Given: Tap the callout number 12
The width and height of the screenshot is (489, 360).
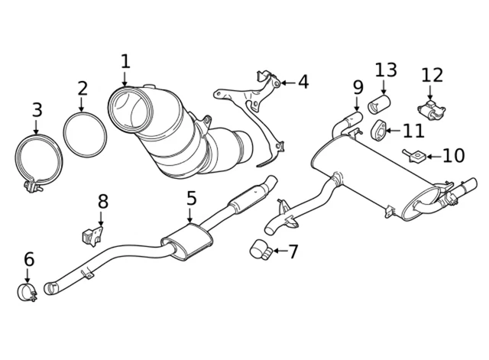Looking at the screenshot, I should [432, 75].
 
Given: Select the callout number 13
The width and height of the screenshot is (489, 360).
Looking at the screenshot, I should [386, 70].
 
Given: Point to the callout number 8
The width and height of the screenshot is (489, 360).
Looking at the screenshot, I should [103, 201].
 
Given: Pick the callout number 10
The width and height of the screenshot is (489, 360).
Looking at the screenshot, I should [453, 156].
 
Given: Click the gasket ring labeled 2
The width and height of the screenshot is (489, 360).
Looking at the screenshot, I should [82, 135].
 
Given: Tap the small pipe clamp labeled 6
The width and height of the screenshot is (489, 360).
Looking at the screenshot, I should [28, 291].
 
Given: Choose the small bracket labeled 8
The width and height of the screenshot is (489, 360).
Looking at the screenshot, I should [91, 232].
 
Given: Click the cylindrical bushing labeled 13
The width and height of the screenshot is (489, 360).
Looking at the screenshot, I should [378, 103].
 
